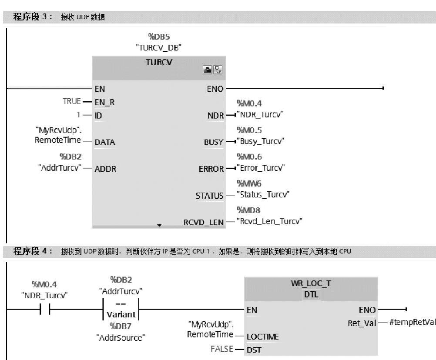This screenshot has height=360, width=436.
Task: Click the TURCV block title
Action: click(159, 62)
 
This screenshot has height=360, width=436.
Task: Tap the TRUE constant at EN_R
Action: click(72, 101)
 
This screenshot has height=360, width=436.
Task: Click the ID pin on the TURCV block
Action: click(98, 116)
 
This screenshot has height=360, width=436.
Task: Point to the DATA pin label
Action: click(105, 142)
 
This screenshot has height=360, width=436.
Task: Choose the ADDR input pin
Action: click(106, 169)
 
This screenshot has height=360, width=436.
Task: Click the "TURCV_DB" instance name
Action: click(158, 48)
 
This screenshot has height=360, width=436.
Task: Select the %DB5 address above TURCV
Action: click(158, 37)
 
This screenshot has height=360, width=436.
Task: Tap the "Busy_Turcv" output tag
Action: click(261, 141)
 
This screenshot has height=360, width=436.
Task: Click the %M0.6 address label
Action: click(249, 157)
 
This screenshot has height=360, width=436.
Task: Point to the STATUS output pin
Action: click(209, 196)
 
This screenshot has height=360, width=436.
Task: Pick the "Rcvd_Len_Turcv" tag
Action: click(271, 221)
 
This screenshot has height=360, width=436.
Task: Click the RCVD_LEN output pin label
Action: click(203, 223)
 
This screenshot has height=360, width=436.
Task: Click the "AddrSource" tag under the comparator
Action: click(121, 337)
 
